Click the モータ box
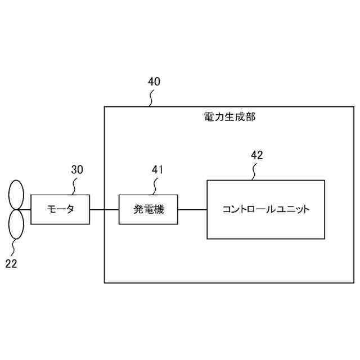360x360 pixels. coord(60,209)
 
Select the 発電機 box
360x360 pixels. coord(148,209)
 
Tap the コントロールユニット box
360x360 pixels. coord(265,209)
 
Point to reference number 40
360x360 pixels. coord(154,81)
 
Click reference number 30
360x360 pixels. coord(77,169)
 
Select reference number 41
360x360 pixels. coord(158,169)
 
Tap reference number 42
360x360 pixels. coord(256,155)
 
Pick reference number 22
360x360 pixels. coord(11,263)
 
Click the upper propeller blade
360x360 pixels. coord(15,195)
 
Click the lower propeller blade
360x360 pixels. coord(16,223)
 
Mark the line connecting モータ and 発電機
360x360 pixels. coord(104,209)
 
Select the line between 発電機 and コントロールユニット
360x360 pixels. coord(192,209)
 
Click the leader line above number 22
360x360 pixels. coord(14,246)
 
